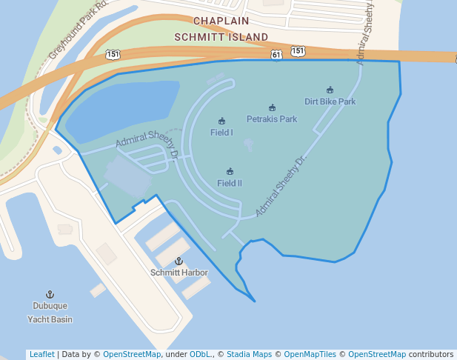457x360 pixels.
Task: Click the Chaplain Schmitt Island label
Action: click(221, 28)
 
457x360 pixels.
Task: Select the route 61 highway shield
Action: click(276, 55)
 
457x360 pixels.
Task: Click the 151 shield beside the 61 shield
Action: click(298, 50)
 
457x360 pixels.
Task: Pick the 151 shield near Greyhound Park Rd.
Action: click(112, 54)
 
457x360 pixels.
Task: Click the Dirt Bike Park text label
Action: click(330, 101)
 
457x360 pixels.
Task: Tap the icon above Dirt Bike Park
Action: click(330, 90)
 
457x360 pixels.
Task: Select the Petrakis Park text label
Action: click(272, 119)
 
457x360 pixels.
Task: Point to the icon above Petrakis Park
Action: click(272, 107)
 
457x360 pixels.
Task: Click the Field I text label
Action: click(221, 133)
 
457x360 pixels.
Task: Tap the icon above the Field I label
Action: click(221, 121)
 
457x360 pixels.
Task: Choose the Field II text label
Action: click(230, 183)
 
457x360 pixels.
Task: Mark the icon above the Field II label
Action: click(230, 171)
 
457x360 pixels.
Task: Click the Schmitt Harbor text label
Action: click(179, 273)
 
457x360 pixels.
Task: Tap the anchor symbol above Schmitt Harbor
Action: click(179, 261)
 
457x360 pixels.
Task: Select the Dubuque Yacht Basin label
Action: click(50, 313)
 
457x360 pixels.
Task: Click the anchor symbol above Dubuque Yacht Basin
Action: click(50, 295)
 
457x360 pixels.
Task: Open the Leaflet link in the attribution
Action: click(41, 354)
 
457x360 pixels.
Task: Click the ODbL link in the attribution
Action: click(201, 354)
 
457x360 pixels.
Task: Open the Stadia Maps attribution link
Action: click(248, 354)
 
